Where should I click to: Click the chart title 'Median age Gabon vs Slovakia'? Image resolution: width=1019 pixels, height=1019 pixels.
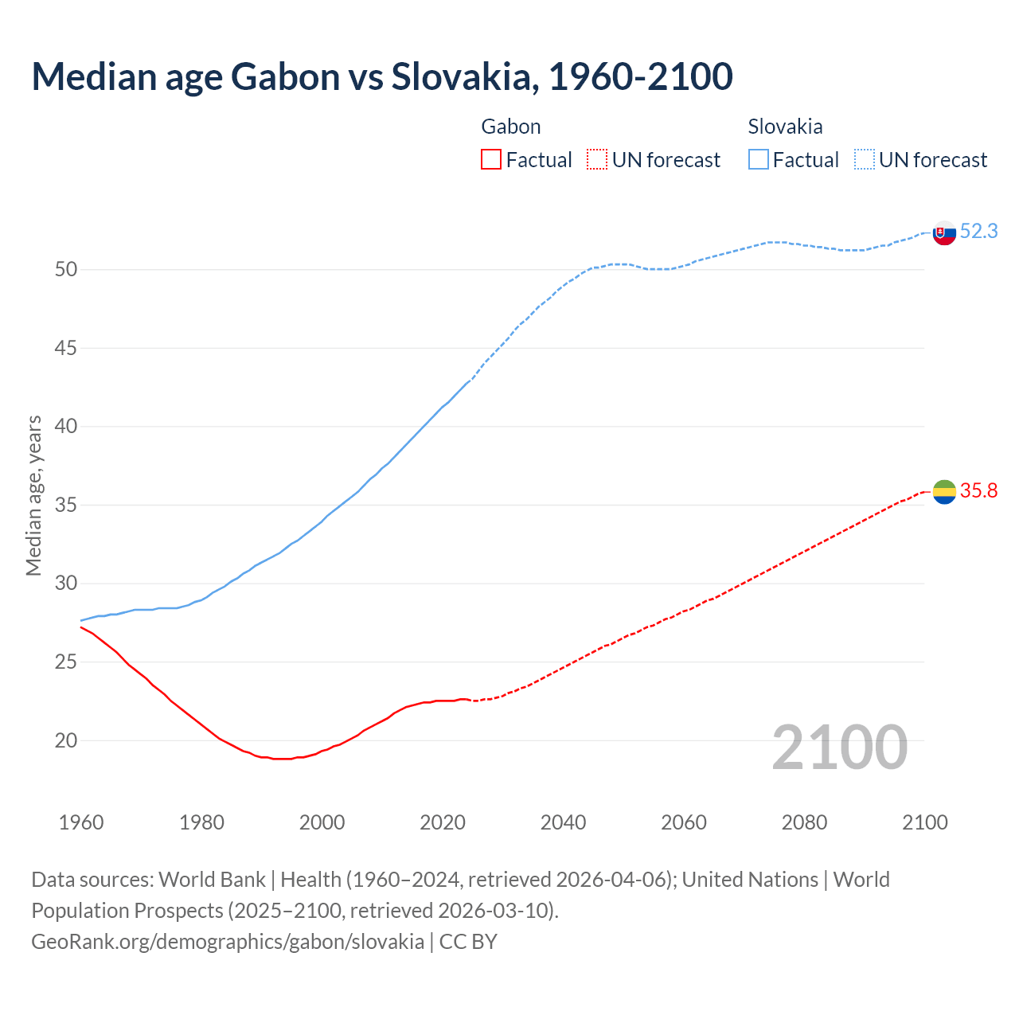[381, 76]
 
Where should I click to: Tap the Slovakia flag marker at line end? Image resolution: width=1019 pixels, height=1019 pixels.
[944, 233]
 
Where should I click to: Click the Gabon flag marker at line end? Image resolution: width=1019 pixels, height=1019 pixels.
[944, 493]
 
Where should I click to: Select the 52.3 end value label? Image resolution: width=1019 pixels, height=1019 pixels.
[978, 232]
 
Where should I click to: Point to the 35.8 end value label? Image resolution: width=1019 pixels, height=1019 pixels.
[978, 491]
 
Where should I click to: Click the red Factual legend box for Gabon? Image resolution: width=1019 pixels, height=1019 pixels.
[491, 160]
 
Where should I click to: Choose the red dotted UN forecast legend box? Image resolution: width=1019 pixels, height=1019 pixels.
[597, 160]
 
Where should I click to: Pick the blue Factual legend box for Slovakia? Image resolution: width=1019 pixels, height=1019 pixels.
[759, 160]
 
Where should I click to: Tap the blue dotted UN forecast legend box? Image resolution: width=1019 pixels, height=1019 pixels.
[865, 160]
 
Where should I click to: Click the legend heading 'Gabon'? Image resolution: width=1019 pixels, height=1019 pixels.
[511, 127]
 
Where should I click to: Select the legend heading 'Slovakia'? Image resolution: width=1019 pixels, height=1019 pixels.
[785, 127]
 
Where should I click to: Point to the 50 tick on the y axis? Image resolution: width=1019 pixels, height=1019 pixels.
[66, 270]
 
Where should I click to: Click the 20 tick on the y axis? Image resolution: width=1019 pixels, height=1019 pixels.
[66, 741]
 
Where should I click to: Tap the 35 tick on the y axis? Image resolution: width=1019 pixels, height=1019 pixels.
[66, 506]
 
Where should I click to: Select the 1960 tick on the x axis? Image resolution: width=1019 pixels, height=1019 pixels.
[81, 822]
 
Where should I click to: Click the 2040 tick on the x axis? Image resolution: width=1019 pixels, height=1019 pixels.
[563, 822]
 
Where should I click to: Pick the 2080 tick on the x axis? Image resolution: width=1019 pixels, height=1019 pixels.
[804, 822]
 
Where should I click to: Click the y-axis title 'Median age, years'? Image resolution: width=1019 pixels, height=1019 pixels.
[33, 495]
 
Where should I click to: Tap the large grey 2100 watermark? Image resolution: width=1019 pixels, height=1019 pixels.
[839, 747]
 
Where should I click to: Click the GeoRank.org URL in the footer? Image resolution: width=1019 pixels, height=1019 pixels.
[228, 942]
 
